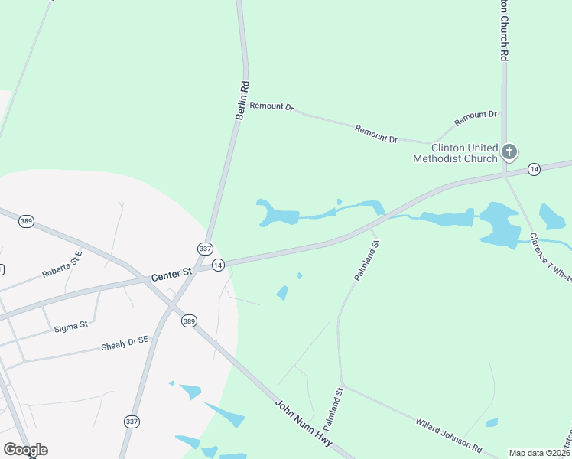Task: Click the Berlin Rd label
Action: click(242, 101)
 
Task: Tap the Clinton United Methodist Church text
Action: click(455, 153)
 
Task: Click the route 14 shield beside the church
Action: click(534, 169)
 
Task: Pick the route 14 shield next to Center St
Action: click(219, 265)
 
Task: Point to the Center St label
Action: click(172, 273)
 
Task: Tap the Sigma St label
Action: click(71, 326)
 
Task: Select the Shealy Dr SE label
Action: click(125, 346)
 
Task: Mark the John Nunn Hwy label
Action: click(304, 425)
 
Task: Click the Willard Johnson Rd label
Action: click(450, 434)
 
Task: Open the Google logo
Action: click(24, 450)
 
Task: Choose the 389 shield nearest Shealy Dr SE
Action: click(189, 321)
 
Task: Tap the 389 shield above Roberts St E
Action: click(27, 220)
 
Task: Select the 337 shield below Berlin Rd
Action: click(204, 249)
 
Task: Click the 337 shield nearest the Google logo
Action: click(132, 422)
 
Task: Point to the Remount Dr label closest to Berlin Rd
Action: click(272, 107)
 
